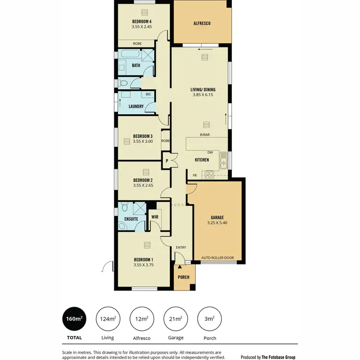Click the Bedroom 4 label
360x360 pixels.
click(x=142, y=22)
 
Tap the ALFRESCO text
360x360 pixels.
click(x=202, y=23)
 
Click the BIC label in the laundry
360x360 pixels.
click(x=148, y=94)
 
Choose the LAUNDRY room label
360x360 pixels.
click(x=136, y=107)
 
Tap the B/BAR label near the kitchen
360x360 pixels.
click(x=205, y=135)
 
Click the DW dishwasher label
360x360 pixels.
click(x=210, y=152)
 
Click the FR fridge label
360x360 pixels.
click(x=195, y=176)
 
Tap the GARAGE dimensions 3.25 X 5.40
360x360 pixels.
click(x=217, y=223)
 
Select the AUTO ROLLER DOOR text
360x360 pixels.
click(x=217, y=258)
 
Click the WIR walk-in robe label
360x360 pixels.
click(x=155, y=217)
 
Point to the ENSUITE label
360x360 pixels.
click(x=131, y=219)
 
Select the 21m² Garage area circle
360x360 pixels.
click(x=176, y=319)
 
